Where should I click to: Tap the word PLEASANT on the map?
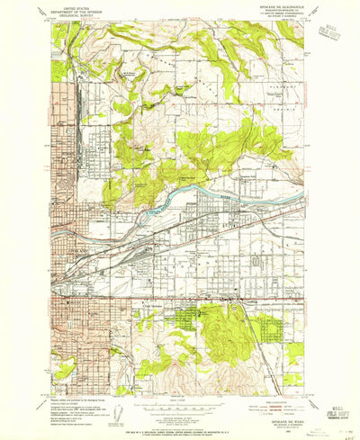[285, 80]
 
